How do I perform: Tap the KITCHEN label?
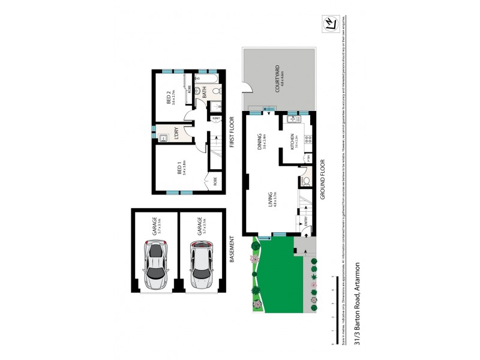(292, 142)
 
